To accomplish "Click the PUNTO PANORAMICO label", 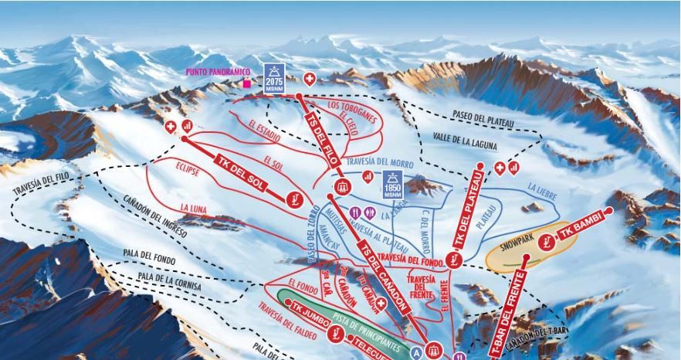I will click(219, 72).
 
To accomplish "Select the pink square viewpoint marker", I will click(247, 83).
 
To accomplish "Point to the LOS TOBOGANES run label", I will click(352, 110).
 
